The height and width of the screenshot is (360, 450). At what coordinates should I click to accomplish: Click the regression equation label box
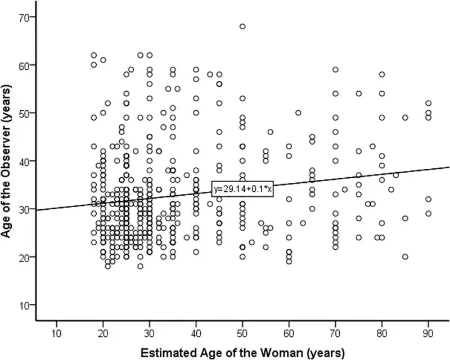coord(242,189)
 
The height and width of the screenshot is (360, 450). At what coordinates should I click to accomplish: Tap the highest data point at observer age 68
coord(242,26)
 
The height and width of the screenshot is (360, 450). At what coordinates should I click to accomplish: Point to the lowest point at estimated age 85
coord(405,256)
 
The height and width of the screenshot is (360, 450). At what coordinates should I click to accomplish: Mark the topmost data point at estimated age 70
coord(335,70)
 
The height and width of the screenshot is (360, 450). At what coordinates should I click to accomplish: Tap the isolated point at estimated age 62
coord(298,112)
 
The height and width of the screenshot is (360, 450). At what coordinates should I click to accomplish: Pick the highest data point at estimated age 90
coord(428,103)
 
